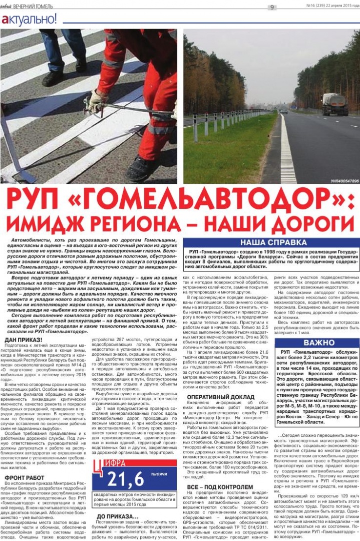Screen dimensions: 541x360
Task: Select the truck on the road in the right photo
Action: tap(334, 104)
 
